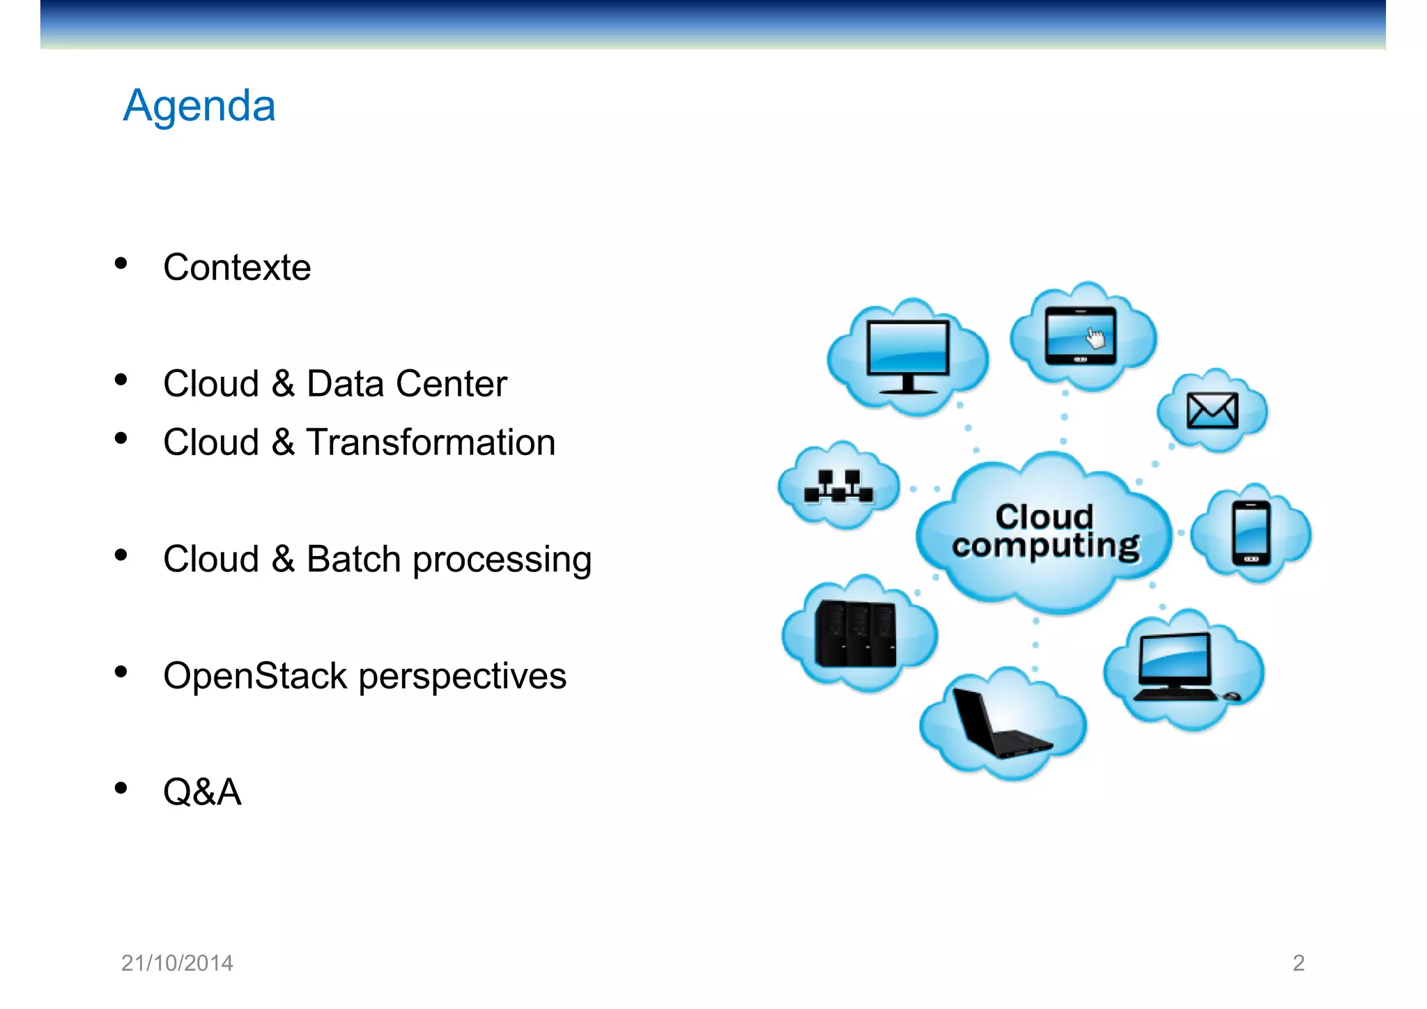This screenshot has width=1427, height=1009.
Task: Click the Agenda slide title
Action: [x=199, y=106]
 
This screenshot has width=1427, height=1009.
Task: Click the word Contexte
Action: [x=237, y=268]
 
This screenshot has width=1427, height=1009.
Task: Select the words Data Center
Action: [x=406, y=384]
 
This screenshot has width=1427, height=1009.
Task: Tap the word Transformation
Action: [x=430, y=442]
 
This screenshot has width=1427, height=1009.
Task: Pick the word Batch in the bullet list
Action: [x=354, y=559]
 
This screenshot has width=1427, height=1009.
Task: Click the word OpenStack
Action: [x=255, y=676]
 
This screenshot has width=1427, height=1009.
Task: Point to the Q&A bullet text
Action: [x=202, y=792]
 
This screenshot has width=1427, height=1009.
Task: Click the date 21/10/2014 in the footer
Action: [x=177, y=963]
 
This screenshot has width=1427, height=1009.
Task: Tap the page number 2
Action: [x=1298, y=963]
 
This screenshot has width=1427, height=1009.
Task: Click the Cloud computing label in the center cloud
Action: [x=1045, y=532]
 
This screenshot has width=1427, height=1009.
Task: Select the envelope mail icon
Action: [x=1212, y=410]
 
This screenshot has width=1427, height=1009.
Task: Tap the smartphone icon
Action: [x=1251, y=533]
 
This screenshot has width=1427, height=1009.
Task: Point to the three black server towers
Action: [x=856, y=633]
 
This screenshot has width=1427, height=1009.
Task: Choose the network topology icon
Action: [x=838, y=486]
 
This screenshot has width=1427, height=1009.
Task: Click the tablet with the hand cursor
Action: [x=1080, y=336]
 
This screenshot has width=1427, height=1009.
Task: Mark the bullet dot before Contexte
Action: [x=121, y=263]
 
